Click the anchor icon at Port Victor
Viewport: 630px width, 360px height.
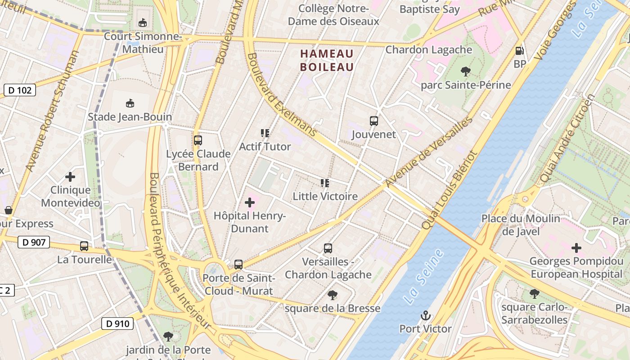pyautogui.click(x=425, y=315)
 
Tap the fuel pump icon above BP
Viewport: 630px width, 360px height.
pyautogui.click(x=520, y=51)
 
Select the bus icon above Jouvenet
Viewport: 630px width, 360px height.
pyautogui.click(x=374, y=121)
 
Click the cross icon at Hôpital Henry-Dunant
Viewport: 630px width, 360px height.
pyautogui.click(x=250, y=202)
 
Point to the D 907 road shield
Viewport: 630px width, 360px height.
pyautogui.click(x=34, y=242)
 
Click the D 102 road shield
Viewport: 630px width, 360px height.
pyautogui.click(x=20, y=90)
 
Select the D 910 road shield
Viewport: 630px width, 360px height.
pyautogui.click(x=118, y=323)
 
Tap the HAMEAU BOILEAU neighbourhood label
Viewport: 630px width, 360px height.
pyautogui.click(x=327, y=60)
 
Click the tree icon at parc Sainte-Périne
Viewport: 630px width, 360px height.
pyautogui.click(x=466, y=71)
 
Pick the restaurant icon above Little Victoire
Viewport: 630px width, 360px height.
pyautogui.click(x=325, y=183)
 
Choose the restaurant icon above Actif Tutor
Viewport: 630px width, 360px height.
pyautogui.click(x=265, y=133)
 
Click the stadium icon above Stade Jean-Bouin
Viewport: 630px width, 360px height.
pyautogui.click(x=130, y=103)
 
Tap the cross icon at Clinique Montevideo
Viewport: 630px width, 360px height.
pyautogui.click(x=70, y=177)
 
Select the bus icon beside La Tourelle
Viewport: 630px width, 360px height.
pyautogui.click(x=84, y=246)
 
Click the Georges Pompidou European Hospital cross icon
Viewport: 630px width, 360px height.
pyautogui.click(x=576, y=247)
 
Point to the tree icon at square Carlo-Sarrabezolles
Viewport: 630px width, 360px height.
pyautogui.click(x=534, y=294)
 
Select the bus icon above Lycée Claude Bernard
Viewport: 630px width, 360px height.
pyautogui.click(x=198, y=140)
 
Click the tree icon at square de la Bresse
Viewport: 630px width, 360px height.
pyautogui.click(x=333, y=295)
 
